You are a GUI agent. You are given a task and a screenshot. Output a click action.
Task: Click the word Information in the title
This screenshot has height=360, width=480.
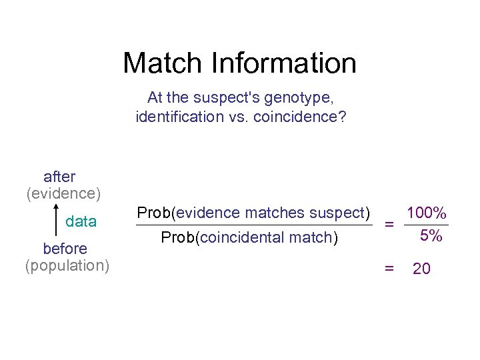[284, 63]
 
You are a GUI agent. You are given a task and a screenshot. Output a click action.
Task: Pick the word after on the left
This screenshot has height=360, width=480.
[59, 177]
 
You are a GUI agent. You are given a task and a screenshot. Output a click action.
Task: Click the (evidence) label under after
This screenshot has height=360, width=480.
[63, 193]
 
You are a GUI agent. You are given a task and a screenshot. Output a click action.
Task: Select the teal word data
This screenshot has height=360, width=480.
[81, 221]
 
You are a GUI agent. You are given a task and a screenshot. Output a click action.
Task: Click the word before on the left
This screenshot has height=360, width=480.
[65, 249]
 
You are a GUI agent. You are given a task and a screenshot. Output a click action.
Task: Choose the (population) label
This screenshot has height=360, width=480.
[67, 265]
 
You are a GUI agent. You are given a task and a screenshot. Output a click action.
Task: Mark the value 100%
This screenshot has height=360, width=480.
[427, 213]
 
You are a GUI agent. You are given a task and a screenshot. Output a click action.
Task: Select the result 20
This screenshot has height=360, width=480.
[421, 269]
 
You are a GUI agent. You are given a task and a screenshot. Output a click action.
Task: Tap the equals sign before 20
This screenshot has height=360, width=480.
[389, 268]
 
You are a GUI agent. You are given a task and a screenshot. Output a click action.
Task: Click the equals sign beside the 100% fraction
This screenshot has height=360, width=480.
[389, 225]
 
